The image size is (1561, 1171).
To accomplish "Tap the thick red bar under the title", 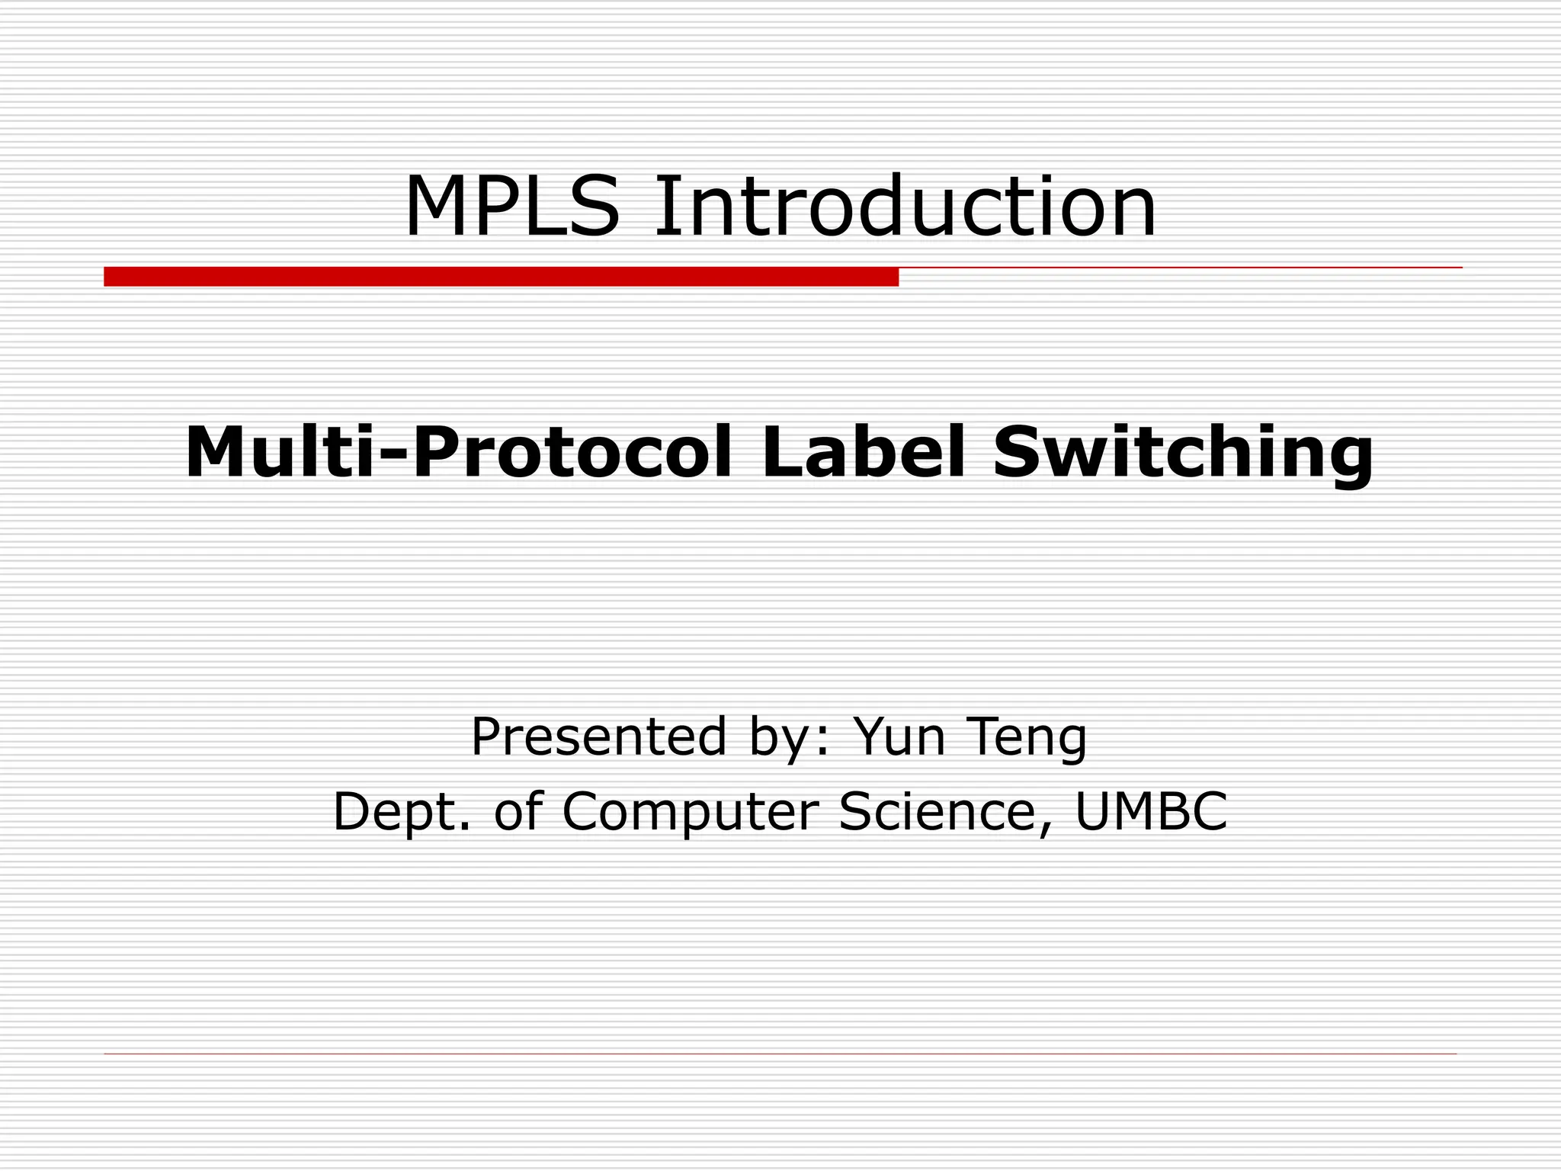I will (501, 277).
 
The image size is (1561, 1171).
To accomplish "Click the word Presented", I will (598, 737).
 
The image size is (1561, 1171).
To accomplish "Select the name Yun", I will (899, 737).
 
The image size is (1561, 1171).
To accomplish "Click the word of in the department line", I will (518, 811).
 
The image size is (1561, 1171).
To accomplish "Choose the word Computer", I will (691, 813).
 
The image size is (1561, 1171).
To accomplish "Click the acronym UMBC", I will (1151, 811).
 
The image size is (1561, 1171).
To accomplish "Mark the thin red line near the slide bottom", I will (780, 1054).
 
